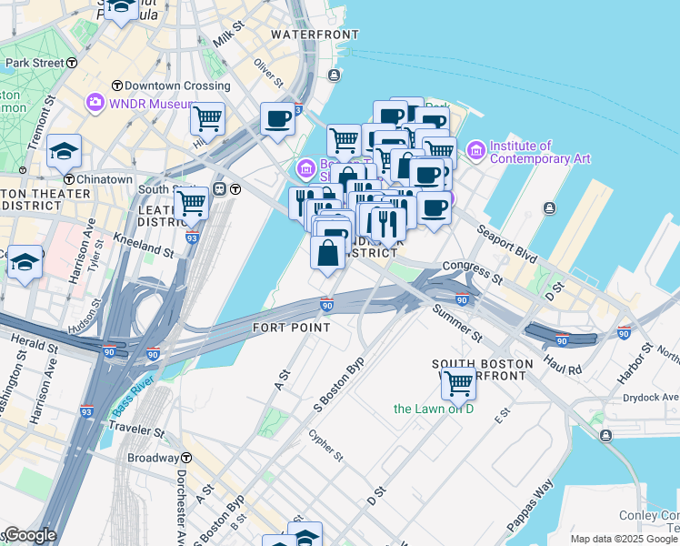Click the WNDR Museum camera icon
point(95,102)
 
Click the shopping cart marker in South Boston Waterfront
point(459,383)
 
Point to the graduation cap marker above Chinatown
point(64,151)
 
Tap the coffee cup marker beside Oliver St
point(277,118)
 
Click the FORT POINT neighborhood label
point(290,327)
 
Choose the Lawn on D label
point(434,409)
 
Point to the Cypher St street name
point(325,444)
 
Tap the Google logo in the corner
point(29,535)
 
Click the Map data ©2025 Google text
point(624,539)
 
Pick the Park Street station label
point(35,63)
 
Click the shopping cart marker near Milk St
point(208,118)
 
